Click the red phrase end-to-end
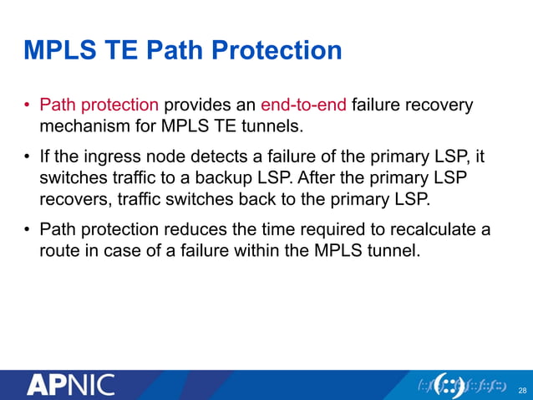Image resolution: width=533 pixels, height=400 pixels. point(304,106)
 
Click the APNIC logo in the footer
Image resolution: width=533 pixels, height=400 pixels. point(70,386)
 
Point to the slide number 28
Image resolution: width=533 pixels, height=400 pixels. point(523,391)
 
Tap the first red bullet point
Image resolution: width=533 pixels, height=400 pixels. point(28,107)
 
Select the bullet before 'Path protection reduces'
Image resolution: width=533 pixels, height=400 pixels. point(28,230)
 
